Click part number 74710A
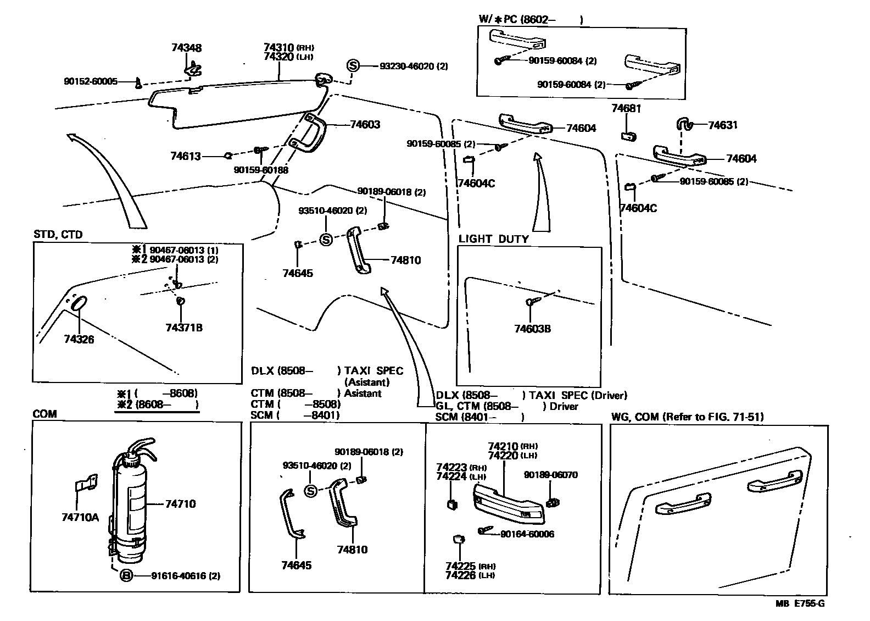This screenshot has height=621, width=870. pyautogui.click(x=80, y=517)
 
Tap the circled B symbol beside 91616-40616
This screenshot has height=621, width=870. pyautogui.click(x=126, y=575)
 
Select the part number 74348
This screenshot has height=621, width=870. pyautogui.click(x=186, y=48)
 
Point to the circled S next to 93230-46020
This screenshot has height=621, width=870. pyautogui.click(x=353, y=65)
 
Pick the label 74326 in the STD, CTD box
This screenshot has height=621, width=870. pyautogui.click(x=79, y=339)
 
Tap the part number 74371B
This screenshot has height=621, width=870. pyautogui.click(x=184, y=328)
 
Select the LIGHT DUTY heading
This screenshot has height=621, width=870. pyautogui.click(x=494, y=239)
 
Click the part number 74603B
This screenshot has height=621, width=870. pyautogui.click(x=532, y=329)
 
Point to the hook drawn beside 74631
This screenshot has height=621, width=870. pyautogui.click(x=685, y=124)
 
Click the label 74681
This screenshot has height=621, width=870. pyautogui.click(x=626, y=108)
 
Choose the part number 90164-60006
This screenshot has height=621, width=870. pyautogui.click(x=527, y=534)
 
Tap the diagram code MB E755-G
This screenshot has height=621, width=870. pyautogui.click(x=800, y=603)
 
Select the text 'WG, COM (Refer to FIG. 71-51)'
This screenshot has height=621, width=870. pyautogui.click(x=688, y=417)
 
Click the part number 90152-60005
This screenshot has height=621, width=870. pyautogui.click(x=91, y=81)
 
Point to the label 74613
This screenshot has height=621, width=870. pyautogui.click(x=186, y=156)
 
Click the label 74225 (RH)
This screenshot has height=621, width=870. pyautogui.click(x=471, y=566)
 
